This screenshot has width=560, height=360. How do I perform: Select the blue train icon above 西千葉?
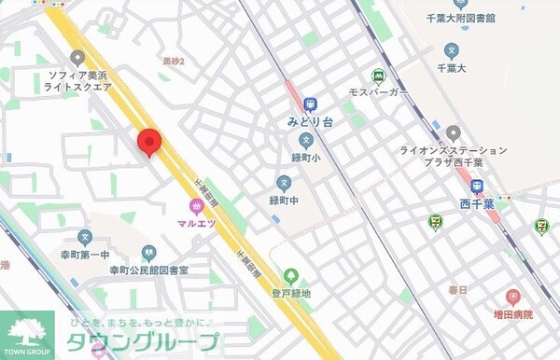click(x=477, y=186)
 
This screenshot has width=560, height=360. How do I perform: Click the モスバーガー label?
click(x=378, y=93)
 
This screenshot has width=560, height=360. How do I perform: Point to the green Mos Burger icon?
click(x=379, y=76)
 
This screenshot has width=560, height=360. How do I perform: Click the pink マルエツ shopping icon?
click(x=196, y=206)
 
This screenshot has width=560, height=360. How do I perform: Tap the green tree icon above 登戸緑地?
click(x=291, y=276)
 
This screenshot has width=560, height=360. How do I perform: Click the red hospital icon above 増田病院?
click(x=512, y=298)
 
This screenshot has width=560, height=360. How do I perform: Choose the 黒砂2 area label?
click(x=173, y=62)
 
